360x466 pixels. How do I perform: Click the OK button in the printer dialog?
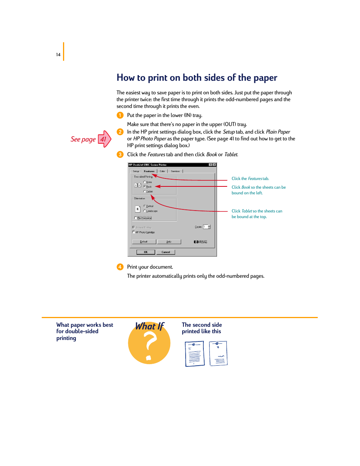pyautogui.click(x=146, y=252)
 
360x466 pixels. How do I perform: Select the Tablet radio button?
pyautogui.click(x=145, y=192)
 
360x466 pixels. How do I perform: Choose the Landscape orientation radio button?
pyautogui.click(x=145, y=211)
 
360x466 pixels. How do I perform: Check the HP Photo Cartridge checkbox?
pyautogui.click(x=134, y=232)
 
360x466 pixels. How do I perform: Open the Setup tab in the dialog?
pyautogui.click(x=136, y=171)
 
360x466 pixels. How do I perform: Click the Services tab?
pyautogui.click(x=175, y=171)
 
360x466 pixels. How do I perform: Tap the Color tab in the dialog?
pyautogui.click(x=162, y=171)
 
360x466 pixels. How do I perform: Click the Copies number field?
pyautogui.click(x=205, y=227)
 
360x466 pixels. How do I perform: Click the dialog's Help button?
pyautogui.click(x=169, y=242)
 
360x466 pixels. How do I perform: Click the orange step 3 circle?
pyautogui.click(x=120, y=154)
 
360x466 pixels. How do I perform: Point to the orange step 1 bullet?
pyautogui.click(x=120, y=115)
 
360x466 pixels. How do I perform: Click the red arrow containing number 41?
pyautogui.click(x=104, y=139)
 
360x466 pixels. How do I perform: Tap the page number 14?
pyautogui.click(x=58, y=55)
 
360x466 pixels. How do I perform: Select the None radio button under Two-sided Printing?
pyautogui.click(x=145, y=182)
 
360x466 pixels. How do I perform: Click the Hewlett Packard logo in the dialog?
pyautogui.click(x=200, y=242)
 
